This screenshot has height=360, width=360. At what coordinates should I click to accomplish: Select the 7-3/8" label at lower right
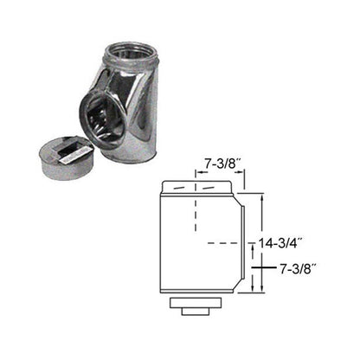click(302, 270)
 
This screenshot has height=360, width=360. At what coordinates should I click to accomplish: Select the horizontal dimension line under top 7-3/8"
click(221, 173)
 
